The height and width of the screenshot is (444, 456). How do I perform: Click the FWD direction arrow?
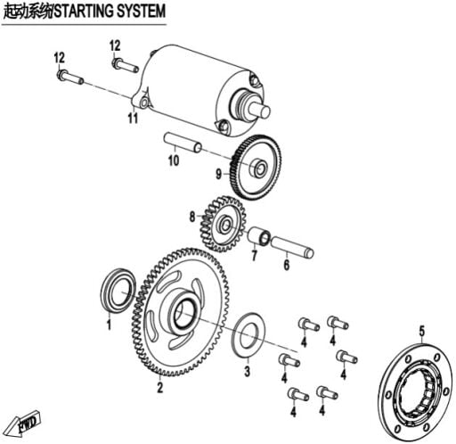coord(25,422)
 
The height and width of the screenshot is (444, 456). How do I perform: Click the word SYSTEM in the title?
coord(141,12)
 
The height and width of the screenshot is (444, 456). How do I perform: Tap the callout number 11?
coord(133,118)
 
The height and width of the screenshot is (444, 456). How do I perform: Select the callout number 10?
coord(174,160)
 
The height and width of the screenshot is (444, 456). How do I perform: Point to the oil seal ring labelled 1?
coord(118,291)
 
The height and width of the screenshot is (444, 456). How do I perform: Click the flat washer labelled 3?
coord(248,334)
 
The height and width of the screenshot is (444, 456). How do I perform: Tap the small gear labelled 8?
coord(224,224)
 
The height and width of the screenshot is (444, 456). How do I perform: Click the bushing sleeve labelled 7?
coord(259,236)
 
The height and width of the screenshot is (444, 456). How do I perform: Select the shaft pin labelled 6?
coord(292,247)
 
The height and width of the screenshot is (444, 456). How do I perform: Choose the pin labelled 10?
coord(183,143)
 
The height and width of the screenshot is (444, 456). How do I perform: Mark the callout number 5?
coord(422,332)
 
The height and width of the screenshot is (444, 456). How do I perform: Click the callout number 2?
coord(160,388)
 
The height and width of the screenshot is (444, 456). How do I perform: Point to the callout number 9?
coord(218,174)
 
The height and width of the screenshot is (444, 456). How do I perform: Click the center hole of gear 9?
coord(259,169)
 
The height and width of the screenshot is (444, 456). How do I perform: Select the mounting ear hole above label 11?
coord(143,103)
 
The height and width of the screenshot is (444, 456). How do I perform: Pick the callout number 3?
coord(247,372)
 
